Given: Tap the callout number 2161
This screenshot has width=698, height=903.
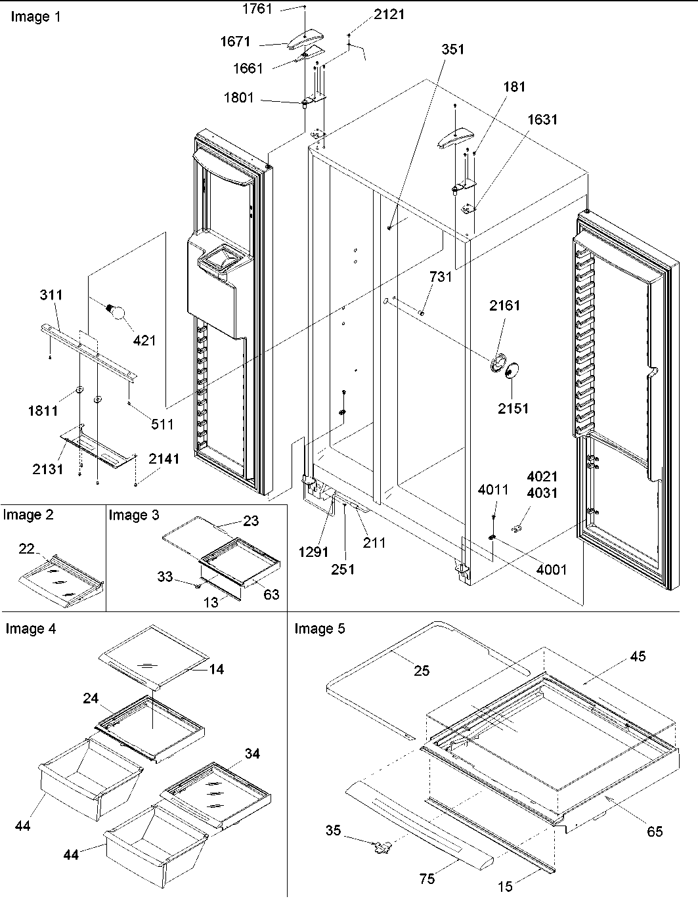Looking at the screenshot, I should click(x=504, y=305).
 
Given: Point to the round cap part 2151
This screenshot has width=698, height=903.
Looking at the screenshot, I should click(x=509, y=373).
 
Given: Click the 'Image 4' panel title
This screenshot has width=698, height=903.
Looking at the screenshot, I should click(x=31, y=629).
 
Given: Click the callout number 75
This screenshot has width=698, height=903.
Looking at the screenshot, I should click(x=427, y=879).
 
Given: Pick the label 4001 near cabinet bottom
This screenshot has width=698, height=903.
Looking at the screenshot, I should click(x=550, y=569).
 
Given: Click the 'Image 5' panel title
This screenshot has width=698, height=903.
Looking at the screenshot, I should click(x=319, y=629).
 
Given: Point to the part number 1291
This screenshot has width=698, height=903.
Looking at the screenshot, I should click(x=313, y=552).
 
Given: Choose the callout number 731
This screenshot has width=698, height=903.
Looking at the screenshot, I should click(x=441, y=277).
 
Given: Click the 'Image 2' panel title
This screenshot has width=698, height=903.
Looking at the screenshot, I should click(x=28, y=515).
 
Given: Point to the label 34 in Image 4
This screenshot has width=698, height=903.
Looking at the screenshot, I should click(x=252, y=753).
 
